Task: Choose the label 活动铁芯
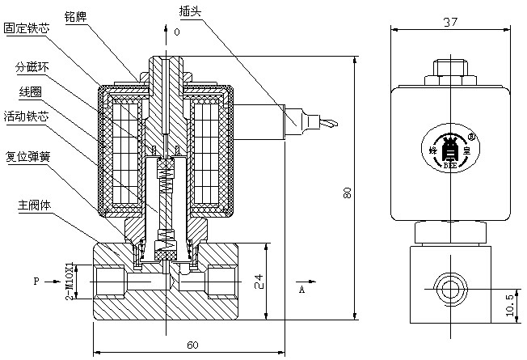coord(27,117)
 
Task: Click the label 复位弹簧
coord(27,156)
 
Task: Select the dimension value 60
coord(192,345)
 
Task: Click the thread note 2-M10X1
coord(70,280)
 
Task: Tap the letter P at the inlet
coord(36,282)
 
